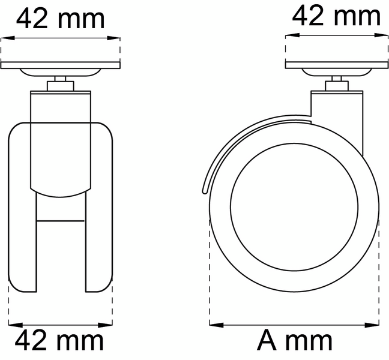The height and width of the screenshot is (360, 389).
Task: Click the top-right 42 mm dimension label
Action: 336,16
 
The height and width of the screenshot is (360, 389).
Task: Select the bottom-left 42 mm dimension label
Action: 59,341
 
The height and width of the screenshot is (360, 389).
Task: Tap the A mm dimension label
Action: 294,341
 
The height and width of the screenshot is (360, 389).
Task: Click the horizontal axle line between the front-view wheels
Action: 61,220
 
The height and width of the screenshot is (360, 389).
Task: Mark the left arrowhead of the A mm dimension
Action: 213,325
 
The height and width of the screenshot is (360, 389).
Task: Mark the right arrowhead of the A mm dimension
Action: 376,325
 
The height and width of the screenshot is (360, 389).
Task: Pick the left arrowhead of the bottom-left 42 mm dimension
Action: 13,325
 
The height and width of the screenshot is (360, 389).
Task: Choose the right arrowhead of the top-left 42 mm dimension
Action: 116,37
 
